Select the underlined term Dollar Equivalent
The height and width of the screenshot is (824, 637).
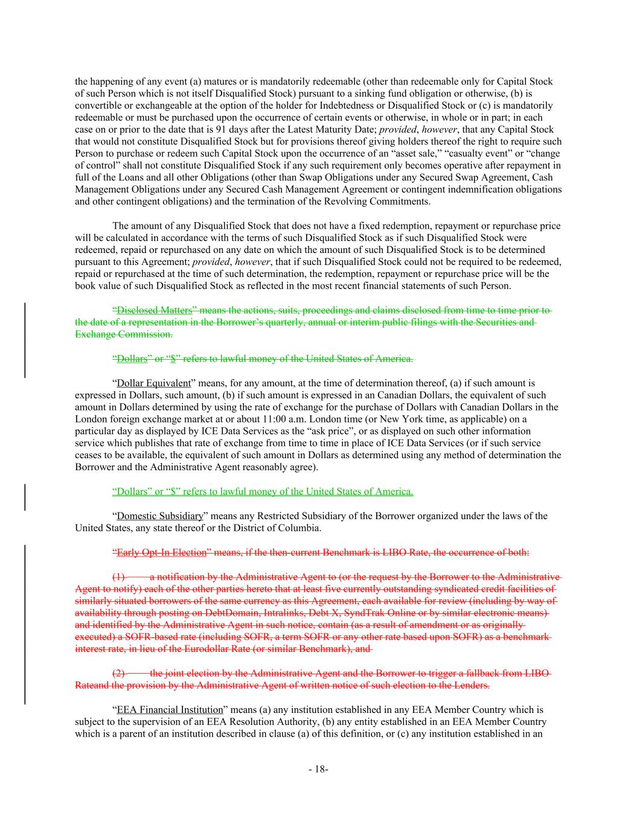click(153, 383)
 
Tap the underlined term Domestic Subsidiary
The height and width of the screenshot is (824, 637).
click(159, 516)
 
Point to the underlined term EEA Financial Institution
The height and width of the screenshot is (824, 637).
click(170, 710)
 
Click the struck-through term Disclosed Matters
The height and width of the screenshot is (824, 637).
click(154, 310)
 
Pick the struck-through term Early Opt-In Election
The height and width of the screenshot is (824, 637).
click(161, 552)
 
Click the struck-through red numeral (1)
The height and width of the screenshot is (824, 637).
click(119, 576)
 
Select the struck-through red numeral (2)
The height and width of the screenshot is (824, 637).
click(119, 673)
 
